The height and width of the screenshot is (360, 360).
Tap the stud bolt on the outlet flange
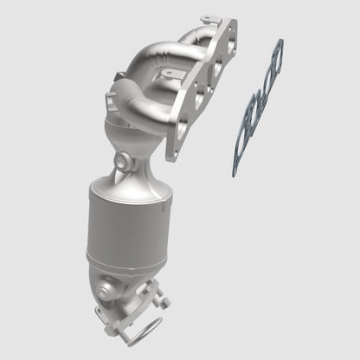(x=163, y=303)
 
